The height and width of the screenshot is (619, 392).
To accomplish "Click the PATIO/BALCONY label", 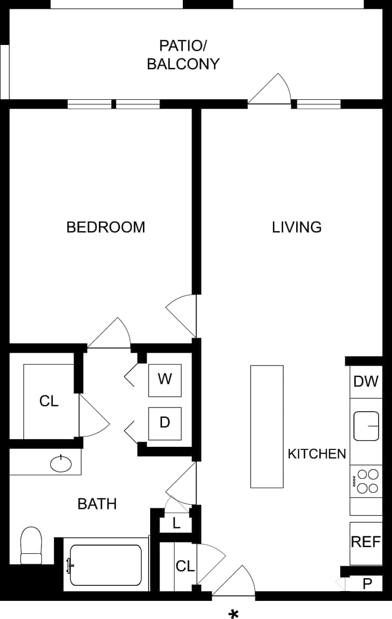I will (x=183, y=55).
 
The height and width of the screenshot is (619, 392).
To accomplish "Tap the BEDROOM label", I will (x=106, y=227).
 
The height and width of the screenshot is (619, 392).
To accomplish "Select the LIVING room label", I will (x=297, y=227).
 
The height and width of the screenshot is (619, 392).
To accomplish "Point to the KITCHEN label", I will (x=316, y=454).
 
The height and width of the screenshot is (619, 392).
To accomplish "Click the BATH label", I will (x=97, y=504).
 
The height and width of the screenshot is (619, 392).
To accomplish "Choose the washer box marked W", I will (x=165, y=380).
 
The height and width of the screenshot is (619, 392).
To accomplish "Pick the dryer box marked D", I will (x=165, y=423).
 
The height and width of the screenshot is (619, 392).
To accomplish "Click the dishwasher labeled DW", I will (x=366, y=382).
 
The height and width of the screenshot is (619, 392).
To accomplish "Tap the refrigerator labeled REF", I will (x=366, y=542).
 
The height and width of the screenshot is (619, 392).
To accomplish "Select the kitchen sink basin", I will (x=366, y=426).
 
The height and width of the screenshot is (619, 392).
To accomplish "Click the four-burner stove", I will (x=366, y=481).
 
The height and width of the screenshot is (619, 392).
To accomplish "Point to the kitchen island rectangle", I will (x=267, y=426).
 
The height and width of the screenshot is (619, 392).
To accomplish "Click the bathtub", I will (x=106, y=565).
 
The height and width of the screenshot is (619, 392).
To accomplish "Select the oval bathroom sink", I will (x=61, y=463).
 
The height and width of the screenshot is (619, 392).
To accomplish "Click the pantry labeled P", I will (x=367, y=584).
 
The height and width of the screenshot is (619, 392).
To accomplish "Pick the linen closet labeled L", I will (x=176, y=523).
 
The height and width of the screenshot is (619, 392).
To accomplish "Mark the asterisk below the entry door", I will (x=234, y=614).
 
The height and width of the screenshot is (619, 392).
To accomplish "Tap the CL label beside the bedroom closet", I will (x=49, y=401).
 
